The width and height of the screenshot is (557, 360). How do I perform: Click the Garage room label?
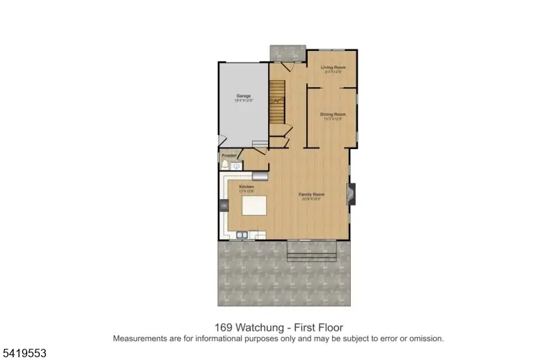click(243, 95)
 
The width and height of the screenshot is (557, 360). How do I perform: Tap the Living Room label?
click(333, 68)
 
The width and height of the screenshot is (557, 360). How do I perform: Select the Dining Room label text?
click(333, 114)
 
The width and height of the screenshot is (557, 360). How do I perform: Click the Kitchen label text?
click(246, 187)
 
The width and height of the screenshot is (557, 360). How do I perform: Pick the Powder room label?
click(228, 155)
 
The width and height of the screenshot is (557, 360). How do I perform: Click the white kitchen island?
click(254, 206)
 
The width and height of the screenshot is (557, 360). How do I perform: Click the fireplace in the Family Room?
click(353, 194)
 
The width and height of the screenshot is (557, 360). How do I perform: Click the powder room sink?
click(237, 167)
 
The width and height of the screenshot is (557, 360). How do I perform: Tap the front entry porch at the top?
click(287, 54)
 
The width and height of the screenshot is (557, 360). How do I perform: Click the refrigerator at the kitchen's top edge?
click(260, 176)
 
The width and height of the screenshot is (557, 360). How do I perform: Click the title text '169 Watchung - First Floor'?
click(278, 327)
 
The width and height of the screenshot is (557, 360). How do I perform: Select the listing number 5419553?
click(24, 353)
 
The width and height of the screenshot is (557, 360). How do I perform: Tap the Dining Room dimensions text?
click(333, 118)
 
